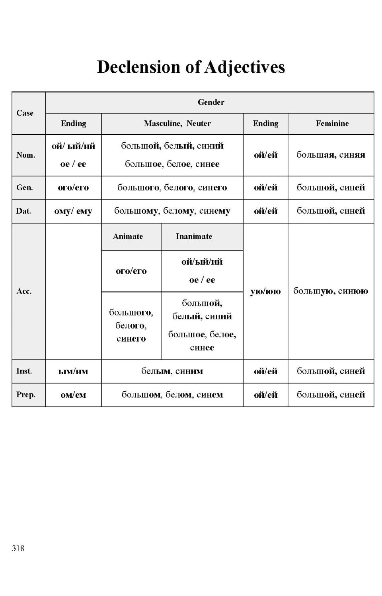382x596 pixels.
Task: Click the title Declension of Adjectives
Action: coord(191,67)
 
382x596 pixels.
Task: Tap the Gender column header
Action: coord(211,103)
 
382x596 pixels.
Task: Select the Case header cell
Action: coord(25,113)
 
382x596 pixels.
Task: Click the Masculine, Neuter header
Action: coord(177,124)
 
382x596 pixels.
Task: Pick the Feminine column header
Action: coord(332,124)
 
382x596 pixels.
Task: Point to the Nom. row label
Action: coord(25,155)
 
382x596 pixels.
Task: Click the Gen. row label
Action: coord(24,188)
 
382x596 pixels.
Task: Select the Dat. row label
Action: coord(23,211)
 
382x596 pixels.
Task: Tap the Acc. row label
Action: coord(24,291)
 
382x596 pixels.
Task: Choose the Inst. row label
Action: coord(24,371)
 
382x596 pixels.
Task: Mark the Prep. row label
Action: coord(25,395)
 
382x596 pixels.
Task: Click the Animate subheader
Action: coord(128,236)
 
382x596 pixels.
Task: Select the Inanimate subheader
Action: coord(194,236)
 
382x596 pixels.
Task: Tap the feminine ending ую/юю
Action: coord(265,291)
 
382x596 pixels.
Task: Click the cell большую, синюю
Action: coord(331,291)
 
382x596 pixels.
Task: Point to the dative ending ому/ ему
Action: coord(73,211)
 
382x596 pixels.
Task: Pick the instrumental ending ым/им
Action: coord(73,372)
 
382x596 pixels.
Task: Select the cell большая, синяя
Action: coord(331,155)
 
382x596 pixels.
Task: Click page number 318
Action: coord(18,548)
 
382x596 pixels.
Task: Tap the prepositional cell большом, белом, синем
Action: coord(172,395)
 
